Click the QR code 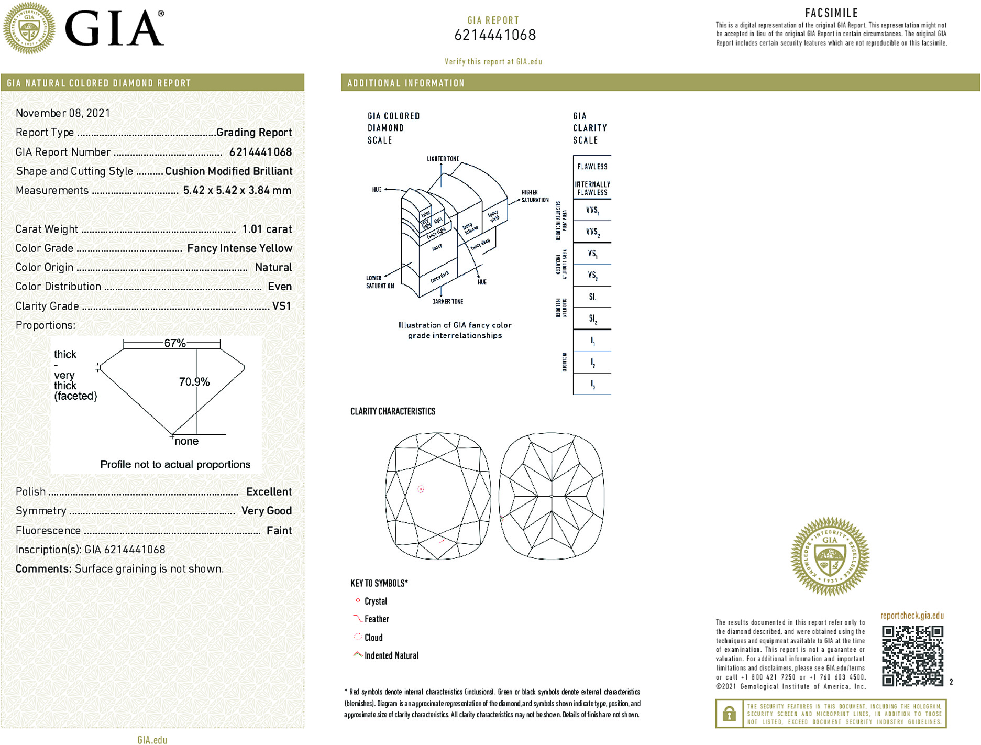point(912,655)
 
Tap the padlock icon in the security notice point(729,714)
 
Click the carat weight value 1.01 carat point(267,229)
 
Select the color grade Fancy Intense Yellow point(239,248)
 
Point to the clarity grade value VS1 point(281,306)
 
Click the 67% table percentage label point(174,343)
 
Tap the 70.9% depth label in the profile point(194,382)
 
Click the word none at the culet point(186,442)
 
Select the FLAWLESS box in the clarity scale point(592,167)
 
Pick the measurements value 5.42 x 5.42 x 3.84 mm point(237,190)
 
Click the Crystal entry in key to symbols point(376,601)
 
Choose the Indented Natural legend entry point(391,655)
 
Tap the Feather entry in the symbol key point(377,619)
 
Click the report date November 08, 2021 point(63,113)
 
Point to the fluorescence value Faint point(279,531)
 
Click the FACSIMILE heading point(831,13)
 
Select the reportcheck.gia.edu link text point(912,616)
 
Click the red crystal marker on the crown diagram point(421,489)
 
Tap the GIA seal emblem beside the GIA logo point(29,28)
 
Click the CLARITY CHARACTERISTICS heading point(393,411)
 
